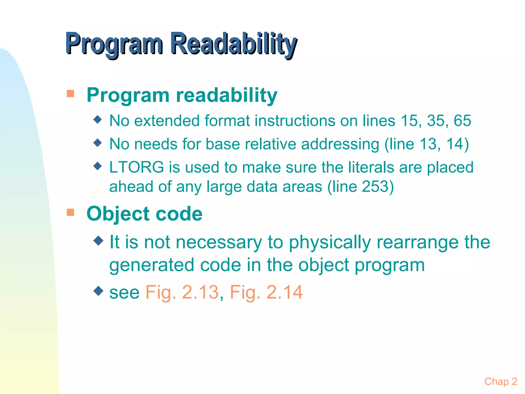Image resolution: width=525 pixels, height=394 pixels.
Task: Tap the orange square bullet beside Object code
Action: [x=70, y=212]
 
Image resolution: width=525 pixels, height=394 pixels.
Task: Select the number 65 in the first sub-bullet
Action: [x=462, y=121]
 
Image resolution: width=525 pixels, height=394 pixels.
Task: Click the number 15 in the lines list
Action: [x=409, y=121]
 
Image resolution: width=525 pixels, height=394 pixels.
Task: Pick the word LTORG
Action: [x=136, y=167]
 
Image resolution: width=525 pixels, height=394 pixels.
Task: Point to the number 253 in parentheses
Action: [x=374, y=186]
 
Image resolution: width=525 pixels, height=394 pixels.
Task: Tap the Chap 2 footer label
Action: [x=501, y=381]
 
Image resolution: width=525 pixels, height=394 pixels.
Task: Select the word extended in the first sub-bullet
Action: [x=167, y=121]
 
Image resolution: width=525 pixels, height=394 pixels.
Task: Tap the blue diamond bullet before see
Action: [x=98, y=291]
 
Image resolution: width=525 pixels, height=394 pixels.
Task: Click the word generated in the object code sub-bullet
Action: [x=152, y=265]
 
